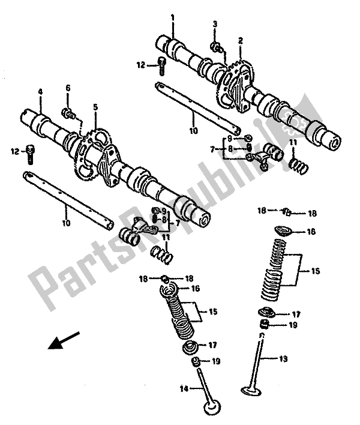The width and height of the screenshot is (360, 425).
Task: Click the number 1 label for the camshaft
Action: pos(172,18)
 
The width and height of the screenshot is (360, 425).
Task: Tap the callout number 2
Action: pos(240,41)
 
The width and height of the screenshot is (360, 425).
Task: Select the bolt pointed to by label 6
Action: pos(68,111)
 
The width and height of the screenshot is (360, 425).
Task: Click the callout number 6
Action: pos(68,88)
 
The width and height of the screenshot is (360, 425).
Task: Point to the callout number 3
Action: pos(214,23)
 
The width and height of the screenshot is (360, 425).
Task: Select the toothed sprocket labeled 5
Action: pos(90,147)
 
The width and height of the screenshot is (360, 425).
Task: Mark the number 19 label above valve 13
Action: pos(292,326)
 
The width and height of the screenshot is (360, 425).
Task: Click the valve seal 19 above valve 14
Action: pos(195,362)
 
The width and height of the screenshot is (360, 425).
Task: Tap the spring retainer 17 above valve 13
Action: pos(264,313)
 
